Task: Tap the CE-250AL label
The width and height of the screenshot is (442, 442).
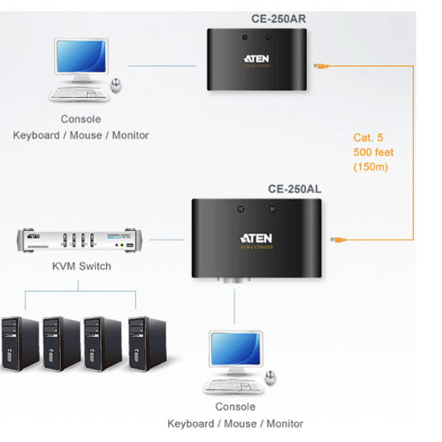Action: [293, 190]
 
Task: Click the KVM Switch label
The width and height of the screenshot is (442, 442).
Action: [80, 266]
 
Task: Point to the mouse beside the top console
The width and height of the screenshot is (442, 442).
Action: [118, 84]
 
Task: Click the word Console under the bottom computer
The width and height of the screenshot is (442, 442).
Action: [235, 408]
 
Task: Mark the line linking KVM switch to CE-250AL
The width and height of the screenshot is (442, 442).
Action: [169, 239]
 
